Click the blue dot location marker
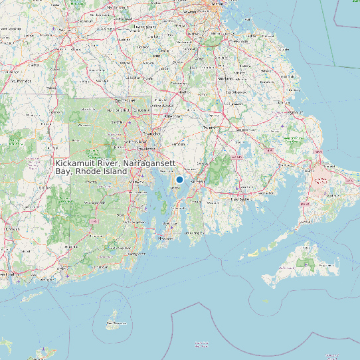point(179,179)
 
